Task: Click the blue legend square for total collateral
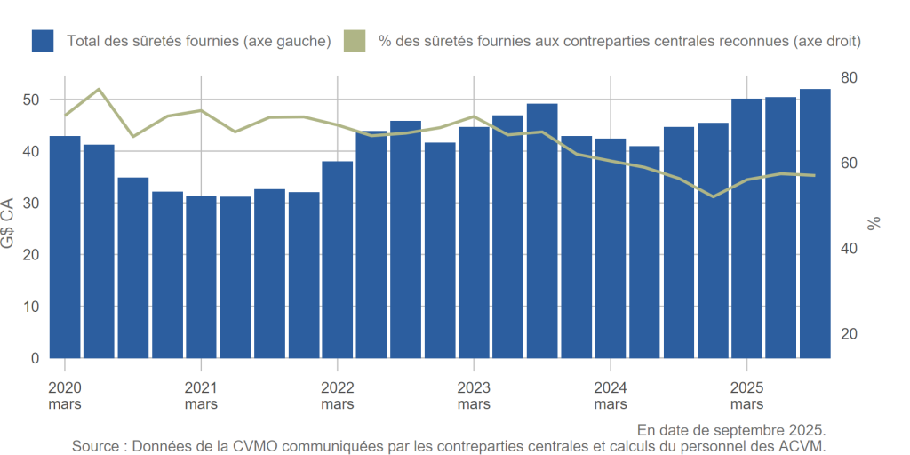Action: pyautogui.click(x=43, y=41)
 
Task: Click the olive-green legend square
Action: pyautogui.click(x=355, y=41)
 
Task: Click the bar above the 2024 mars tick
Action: pyautogui.click(x=611, y=248)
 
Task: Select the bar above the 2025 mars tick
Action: pyautogui.click(x=746, y=228)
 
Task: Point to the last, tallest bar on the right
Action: pyautogui.click(x=815, y=223)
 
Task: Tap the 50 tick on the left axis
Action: pyautogui.click(x=32, y=100)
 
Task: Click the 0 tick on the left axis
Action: pyautogui.click(x=36, y=358)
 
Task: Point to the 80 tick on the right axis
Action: pyautogui.click(x=850, y=78)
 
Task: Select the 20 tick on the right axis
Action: pyautogui.click(x=850, y=334)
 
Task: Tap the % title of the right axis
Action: pyautogui.click(x=874, y=222)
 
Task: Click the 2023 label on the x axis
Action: pyautogui.click(x=474, y=388)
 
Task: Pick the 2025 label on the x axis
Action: pyautogui.click(x=746, y=388)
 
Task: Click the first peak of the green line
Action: pyautogui.click(x=99, y=89)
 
